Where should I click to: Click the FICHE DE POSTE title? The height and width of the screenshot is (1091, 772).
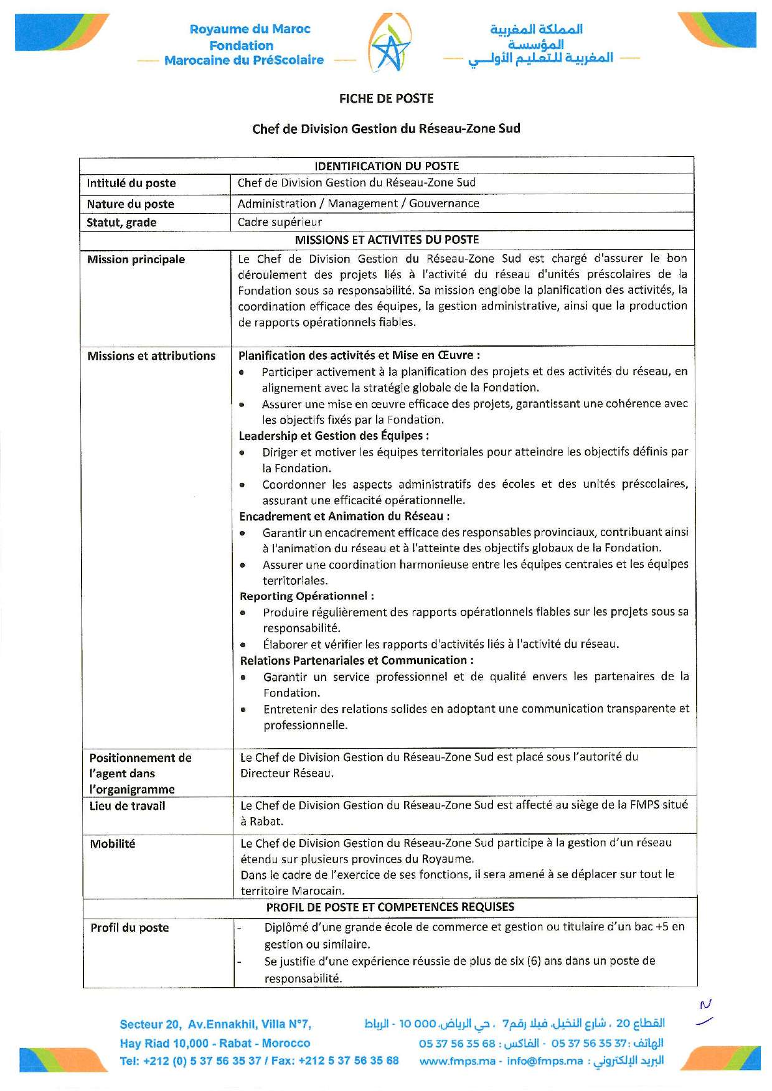[386, 98]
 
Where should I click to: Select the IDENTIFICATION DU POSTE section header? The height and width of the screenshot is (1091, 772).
[387, 166]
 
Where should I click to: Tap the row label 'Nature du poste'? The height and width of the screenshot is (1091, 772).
[130, 204]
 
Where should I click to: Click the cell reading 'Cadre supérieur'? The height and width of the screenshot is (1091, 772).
[280, 222]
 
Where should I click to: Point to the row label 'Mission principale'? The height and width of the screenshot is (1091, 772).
[136, 260]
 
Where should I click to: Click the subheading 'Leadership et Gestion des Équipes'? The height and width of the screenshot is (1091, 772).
[333, 436]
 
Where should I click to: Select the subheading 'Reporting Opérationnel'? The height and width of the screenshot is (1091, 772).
[306, 596]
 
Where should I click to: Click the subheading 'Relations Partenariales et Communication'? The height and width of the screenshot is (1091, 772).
[356, 660]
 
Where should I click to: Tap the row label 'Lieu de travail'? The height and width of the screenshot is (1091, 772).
[127, 806]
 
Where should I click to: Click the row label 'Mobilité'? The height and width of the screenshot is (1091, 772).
[112, 844]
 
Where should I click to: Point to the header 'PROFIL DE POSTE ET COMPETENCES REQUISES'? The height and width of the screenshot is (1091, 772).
[390, 907]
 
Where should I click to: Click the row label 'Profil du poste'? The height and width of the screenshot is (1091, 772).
[129, 927]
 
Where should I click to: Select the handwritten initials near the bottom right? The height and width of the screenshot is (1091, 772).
[705, 1012]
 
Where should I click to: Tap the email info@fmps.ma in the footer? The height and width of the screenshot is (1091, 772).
[545, 1061]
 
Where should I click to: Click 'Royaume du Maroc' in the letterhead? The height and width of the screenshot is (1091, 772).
[250, 29]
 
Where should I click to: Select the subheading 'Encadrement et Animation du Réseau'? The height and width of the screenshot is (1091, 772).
[344, 516]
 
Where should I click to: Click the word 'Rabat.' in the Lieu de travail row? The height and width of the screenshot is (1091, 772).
[266, 822]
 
